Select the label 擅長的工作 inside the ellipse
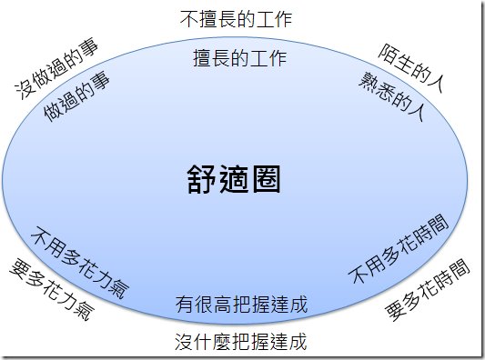240,59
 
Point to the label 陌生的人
411,67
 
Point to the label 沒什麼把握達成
240,342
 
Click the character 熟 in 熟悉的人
366,76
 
